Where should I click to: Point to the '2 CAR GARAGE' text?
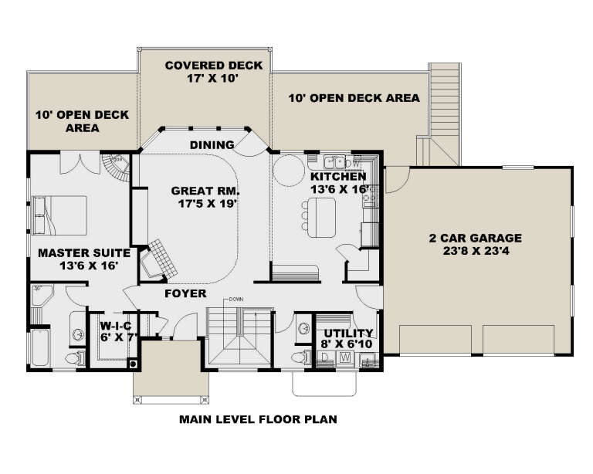[x=476, y=238]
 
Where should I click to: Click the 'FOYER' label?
[x=185, y=294]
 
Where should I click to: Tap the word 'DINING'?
[x=212, y=144]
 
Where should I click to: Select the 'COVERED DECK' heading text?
[x=204, y=65]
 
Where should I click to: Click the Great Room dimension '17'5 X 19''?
[x=205, y=204]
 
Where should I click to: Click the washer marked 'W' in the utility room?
[x=345, y=357]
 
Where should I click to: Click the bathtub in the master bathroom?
[x=38, y=348]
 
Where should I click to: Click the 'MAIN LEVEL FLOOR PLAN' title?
[x=258, y=421]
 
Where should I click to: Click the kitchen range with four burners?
[x=369, y=193]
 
